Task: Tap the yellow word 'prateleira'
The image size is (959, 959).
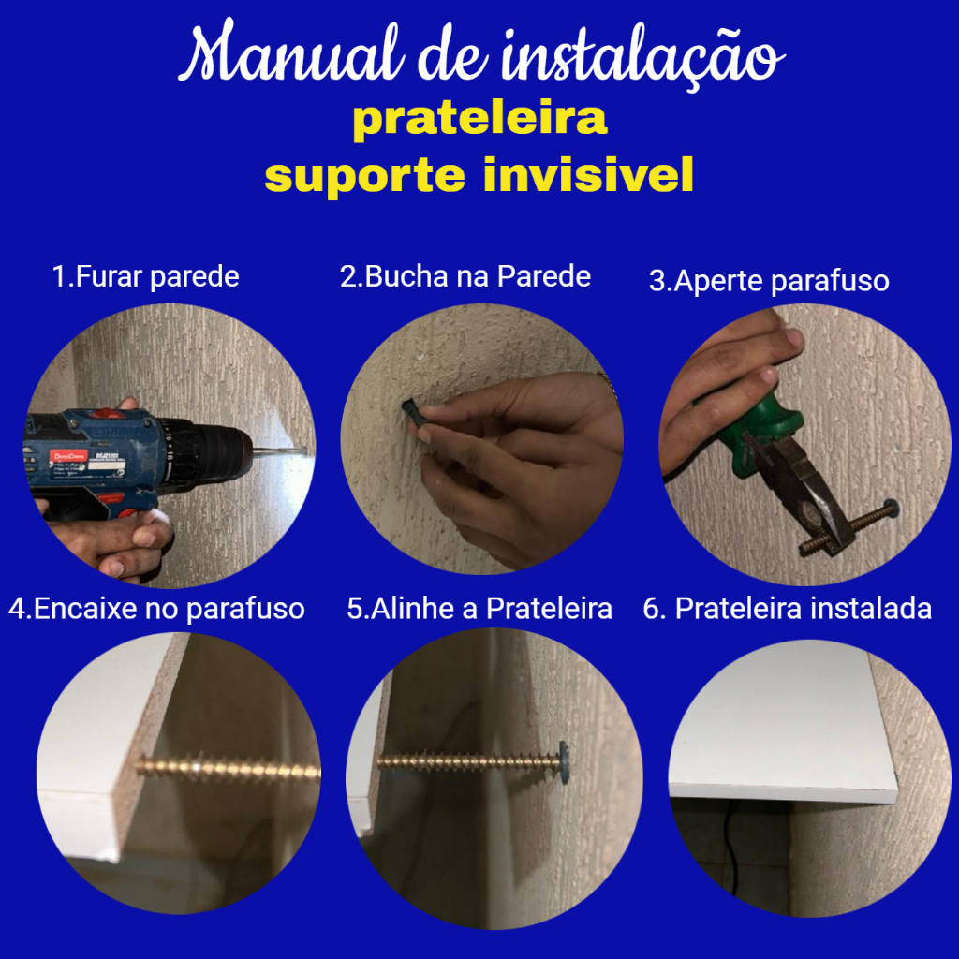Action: (480, 120)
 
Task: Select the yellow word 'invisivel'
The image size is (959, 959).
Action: (588, 175)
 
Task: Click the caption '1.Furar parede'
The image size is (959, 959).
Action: (145, 277)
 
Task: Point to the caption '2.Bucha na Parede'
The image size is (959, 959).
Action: (465, 276)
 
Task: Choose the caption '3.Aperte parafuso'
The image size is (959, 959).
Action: (769, 281)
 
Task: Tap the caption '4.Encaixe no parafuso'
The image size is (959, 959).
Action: (156, 609)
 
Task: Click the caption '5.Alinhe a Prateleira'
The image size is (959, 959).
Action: (479, 609)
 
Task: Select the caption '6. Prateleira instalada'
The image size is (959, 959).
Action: (787, 609)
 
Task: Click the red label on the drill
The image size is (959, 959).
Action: (68, 457)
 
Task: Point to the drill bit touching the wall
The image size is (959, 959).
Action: (279, 452)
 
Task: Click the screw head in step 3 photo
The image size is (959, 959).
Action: (890, 507)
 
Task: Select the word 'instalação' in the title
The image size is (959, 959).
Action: (642, 55)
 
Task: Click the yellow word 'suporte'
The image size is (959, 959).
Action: (365, 176)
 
